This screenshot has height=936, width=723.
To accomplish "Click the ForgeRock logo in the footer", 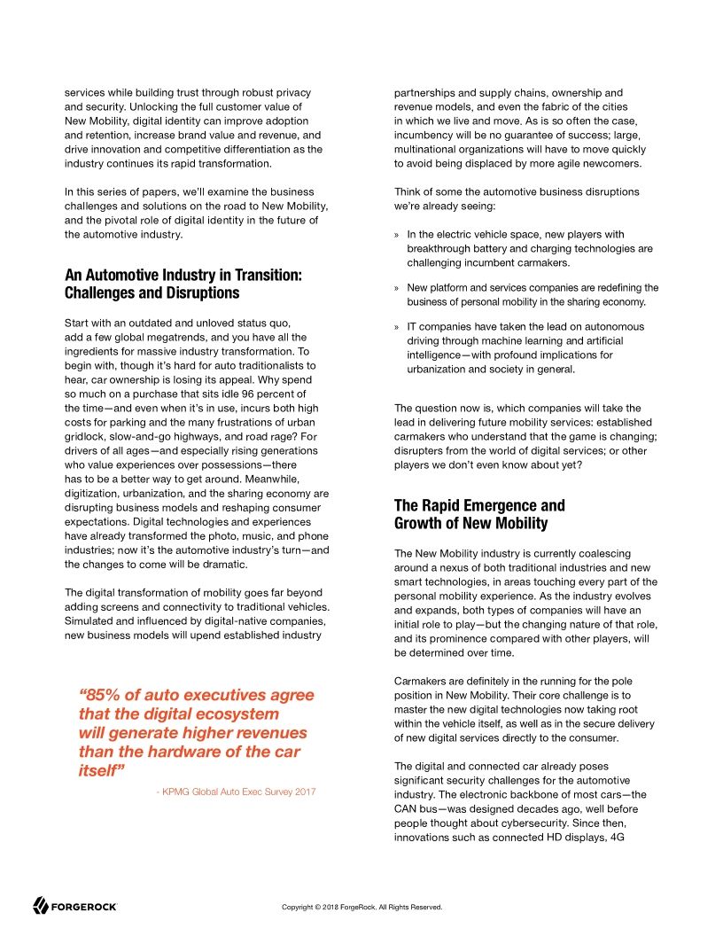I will click(75, 906).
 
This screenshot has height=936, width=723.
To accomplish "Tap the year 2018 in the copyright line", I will click(333, 907).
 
